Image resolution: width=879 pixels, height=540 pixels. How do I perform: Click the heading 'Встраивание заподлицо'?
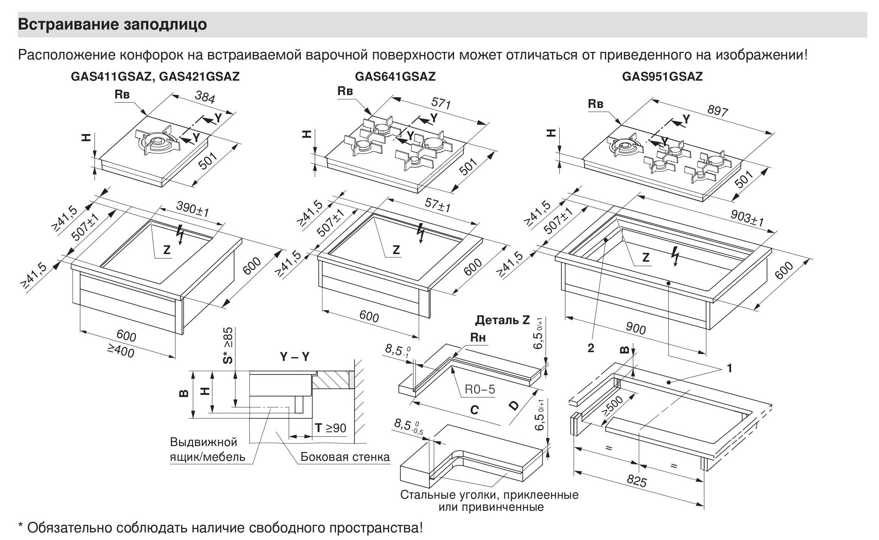(112, 25)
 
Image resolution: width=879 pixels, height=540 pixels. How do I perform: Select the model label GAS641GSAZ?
(395, 77)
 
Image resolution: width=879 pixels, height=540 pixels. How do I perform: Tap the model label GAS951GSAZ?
(662, 77)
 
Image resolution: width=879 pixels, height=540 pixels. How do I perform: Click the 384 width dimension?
(205, 97)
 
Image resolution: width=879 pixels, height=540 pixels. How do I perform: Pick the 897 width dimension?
(717, 110)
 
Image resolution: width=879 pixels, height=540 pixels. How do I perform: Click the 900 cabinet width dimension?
(635, 328)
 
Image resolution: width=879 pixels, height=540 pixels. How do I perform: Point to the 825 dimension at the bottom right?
(637, 481)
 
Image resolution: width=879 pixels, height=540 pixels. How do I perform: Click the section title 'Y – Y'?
(294, 357)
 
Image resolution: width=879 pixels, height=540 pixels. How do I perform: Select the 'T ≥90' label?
(330, 428)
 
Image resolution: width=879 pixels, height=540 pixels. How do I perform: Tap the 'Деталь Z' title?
(502, 320)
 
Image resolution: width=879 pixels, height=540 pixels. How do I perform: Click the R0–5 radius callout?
(479, 389)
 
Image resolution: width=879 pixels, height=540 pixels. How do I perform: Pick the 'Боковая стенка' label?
(345, 457)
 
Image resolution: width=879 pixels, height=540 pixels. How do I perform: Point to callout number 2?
(591, 348)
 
